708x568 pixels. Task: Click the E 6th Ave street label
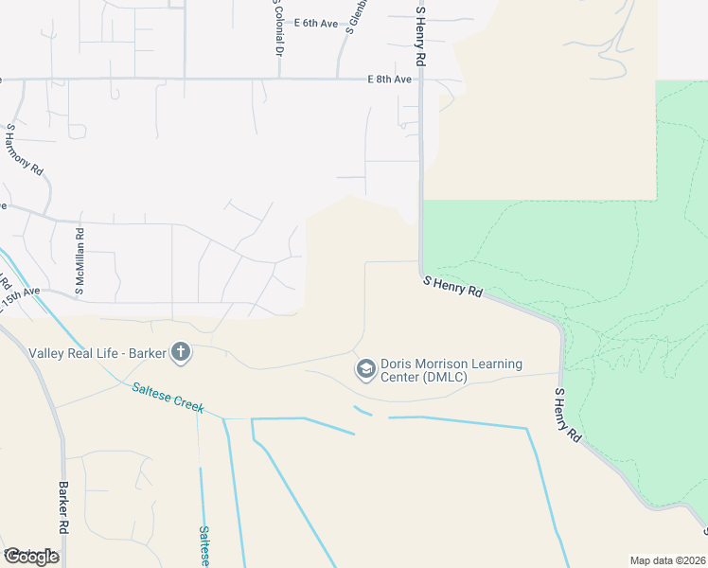pos(316,23)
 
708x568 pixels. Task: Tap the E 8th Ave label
pos(390,80)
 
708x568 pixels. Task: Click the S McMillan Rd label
pos(80,259)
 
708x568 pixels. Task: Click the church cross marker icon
pos(180,354)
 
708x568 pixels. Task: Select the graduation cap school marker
pos(365,369)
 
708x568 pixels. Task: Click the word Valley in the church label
pos(46,353)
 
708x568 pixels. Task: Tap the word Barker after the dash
pos(142,353)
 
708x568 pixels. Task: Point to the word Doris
pos(398,364)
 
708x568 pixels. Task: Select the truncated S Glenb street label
pos(356,17)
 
